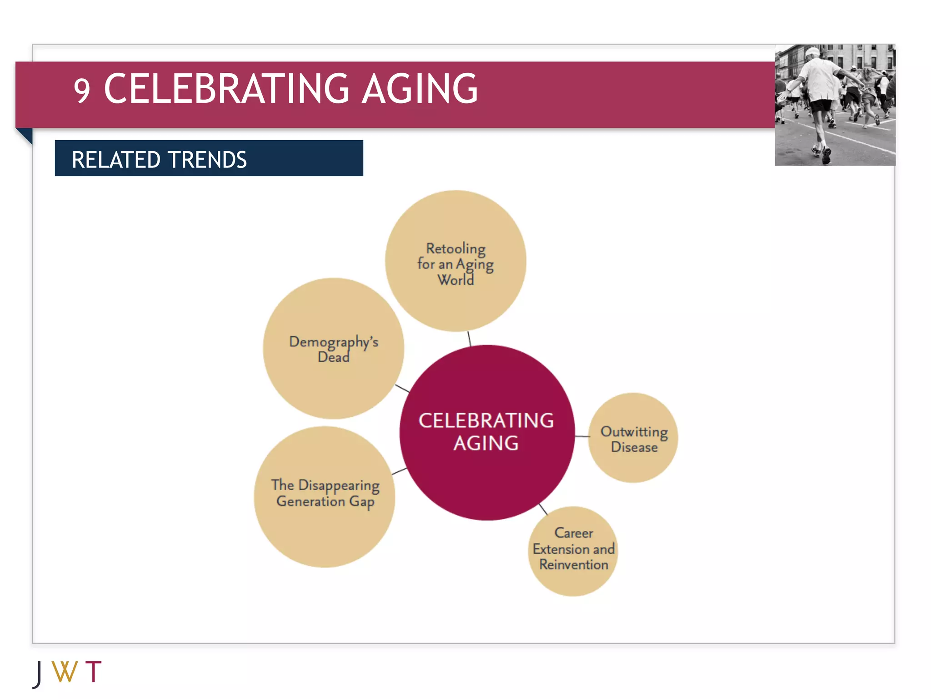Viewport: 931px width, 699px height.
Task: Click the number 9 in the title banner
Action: coord(82,91)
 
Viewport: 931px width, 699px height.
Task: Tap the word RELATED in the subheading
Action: coord(116,160)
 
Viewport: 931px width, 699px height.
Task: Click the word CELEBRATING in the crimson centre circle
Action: coord(486,420)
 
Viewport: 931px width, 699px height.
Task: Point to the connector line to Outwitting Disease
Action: coord(582,436)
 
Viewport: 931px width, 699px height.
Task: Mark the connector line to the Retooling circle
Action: coord(469,339)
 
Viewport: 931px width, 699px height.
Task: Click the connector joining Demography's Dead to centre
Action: coord(402,388)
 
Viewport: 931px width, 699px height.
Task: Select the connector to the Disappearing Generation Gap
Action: coord(399,471)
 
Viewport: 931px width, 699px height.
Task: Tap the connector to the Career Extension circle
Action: coord(543,509)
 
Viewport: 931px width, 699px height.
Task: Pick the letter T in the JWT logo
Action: coord(93,672)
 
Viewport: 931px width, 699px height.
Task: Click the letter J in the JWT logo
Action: coord(39,674)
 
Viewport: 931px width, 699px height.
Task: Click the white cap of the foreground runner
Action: coord(812,52)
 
